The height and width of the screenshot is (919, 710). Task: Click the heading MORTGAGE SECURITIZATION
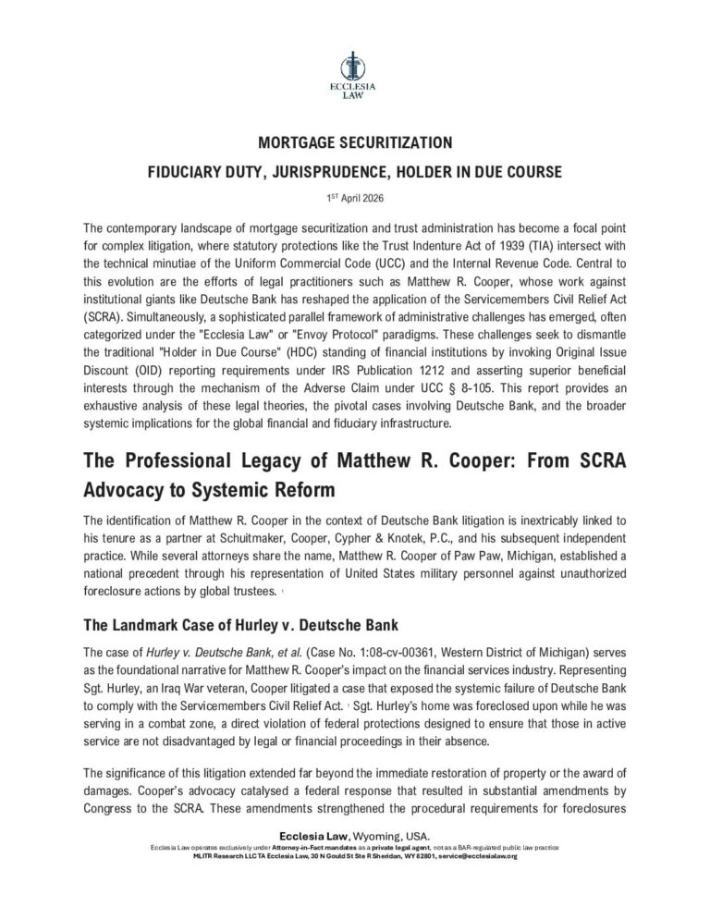pyautogui.click(x=354, y=143)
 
